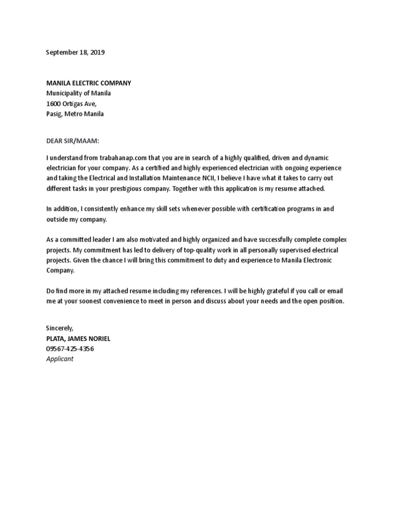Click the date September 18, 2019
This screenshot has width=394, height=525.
pyautogui.click(x=75, y=52)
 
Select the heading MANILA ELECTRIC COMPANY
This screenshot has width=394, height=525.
pyautogui.click(x=89, y=83)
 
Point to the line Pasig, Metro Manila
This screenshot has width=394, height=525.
pyautogui.click(x=75, y=114)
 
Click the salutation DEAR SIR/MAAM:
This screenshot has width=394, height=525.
pyautogui.click(x=72, y=140)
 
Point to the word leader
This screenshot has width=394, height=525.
pyautogui.click(x=101, y=240)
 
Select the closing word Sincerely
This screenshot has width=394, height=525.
pyautogui.click(x=60, y=328)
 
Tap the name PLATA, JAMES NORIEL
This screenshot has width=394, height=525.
pyautogui.click(x=78, y=338)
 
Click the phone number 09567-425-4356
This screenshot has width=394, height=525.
pyautogui.click(x=70, y=349)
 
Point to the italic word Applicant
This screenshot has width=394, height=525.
pyautogui.click(x=60, y=359)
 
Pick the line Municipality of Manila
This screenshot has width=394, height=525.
pyautogui.click(x=78, y=93)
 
